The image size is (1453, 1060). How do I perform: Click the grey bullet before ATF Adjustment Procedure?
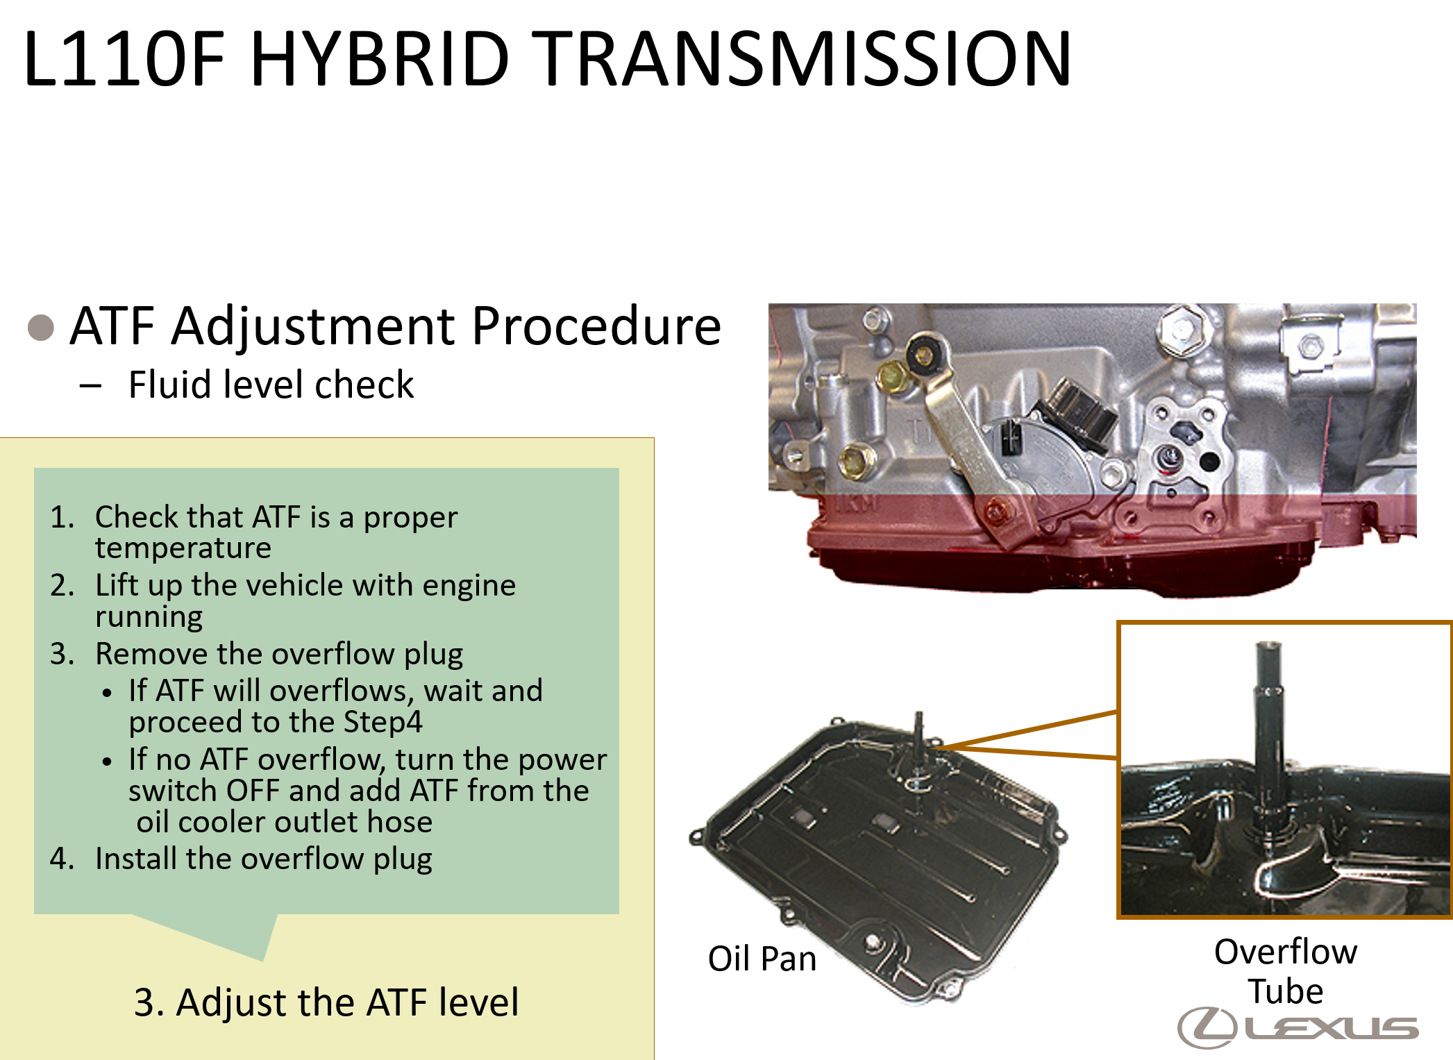pos(41,328)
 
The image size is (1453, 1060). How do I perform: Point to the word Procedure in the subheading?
pos(596,326)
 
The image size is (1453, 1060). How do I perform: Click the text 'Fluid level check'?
pos(271,385)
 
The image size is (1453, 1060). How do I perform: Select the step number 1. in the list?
pos(62,517)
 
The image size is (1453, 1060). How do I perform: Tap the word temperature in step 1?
pos(183,548)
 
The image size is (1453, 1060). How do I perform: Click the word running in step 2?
pos(149,617)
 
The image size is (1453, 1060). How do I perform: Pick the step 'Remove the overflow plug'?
pos(279,654)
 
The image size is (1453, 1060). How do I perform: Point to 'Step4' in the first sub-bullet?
pos(383,723)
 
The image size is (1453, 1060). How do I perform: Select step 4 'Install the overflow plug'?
pos(264,859)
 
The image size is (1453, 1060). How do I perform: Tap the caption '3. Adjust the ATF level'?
pos(326,1002)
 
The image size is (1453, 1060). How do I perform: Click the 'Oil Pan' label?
pos(762,959)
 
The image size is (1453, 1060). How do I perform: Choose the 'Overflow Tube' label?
pos(1286,970)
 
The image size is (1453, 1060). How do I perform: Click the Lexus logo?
pos(1297,1028)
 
